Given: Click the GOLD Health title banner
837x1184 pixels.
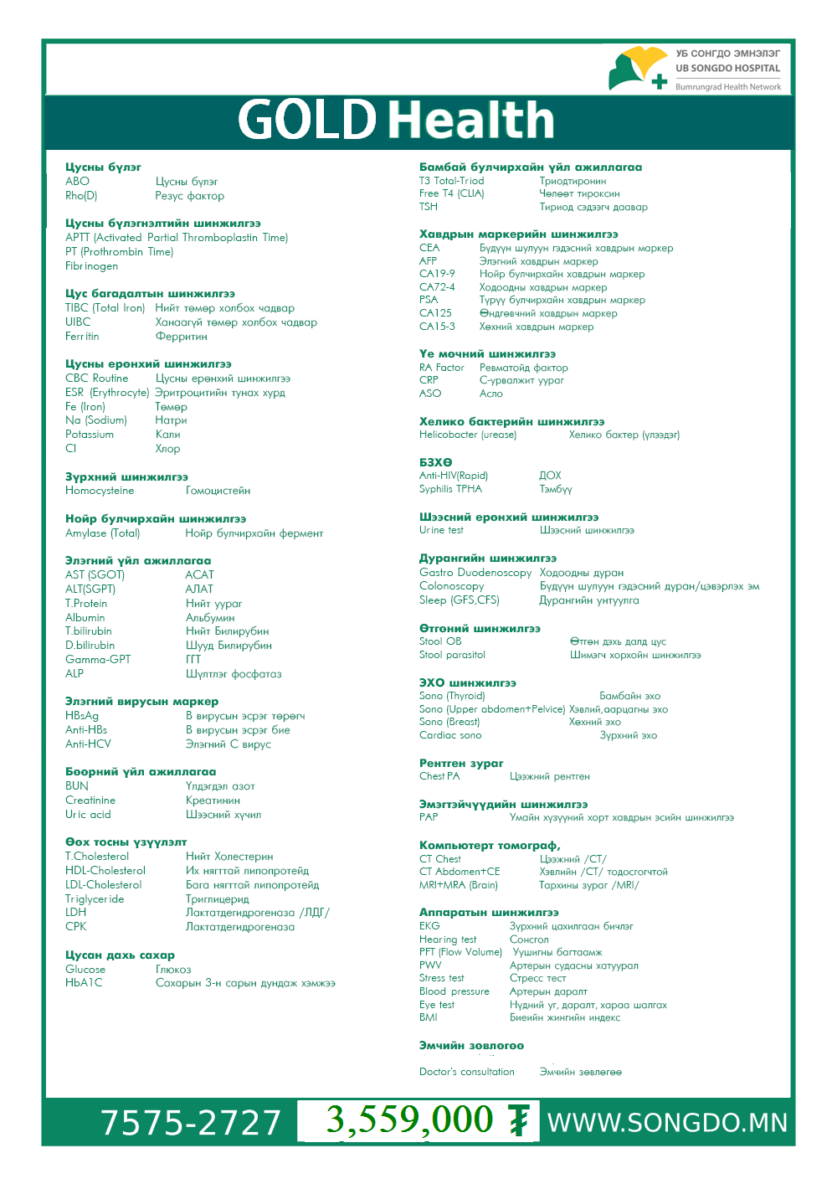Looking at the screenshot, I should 396,120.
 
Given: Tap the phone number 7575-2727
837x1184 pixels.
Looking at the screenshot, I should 191,1123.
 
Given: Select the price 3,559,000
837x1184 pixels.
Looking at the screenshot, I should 409,1120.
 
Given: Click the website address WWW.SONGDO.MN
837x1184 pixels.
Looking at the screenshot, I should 667,1123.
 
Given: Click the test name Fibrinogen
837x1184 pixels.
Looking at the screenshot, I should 91,266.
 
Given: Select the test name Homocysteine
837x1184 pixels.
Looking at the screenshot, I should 100,491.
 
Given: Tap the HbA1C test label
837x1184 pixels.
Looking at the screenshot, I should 84,983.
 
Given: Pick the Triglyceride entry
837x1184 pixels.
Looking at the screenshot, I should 95,899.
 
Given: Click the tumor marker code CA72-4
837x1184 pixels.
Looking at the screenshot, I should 437,287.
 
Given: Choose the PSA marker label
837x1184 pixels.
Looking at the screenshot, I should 429,300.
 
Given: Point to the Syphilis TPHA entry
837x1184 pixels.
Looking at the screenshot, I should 450,489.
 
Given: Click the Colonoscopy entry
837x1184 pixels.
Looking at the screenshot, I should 451,586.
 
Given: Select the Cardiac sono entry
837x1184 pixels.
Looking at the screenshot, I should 450,735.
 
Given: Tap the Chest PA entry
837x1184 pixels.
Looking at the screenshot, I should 439,776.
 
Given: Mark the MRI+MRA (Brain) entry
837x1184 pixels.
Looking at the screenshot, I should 459,885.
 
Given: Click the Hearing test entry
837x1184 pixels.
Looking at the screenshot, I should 448,939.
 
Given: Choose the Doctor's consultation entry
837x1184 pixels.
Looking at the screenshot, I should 467,1072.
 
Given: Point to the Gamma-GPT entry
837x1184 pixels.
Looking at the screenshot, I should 98,660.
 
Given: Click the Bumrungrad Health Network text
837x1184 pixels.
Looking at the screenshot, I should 728,87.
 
